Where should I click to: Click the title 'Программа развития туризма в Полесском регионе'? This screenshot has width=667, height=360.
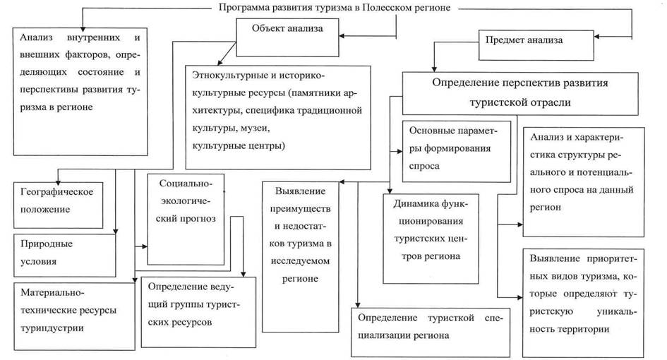coord(334,8)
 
